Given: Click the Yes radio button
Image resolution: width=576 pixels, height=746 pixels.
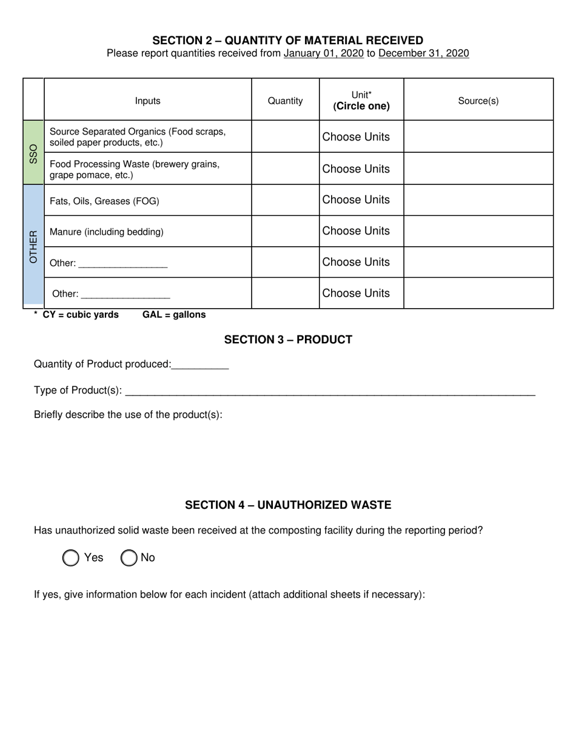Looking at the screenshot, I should (71, 558).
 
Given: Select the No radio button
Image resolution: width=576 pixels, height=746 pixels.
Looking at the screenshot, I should (129, 558).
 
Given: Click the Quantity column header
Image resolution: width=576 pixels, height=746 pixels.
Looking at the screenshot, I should (285, 101).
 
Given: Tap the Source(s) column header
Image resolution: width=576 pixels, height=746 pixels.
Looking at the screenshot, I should (478, 101).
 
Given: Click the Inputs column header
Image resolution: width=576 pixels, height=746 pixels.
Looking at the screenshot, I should (147, 101).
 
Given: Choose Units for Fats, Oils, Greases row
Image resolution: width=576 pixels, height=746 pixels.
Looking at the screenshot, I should (356, 200).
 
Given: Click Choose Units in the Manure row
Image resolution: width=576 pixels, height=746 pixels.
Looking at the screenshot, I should (356, 231).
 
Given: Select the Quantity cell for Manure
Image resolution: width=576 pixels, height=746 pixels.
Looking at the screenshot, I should (285, 231).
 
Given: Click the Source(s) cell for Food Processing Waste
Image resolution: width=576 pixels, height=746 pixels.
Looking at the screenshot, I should (478, 169).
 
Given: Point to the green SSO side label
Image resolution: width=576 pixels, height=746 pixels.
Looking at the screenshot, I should (33, 153).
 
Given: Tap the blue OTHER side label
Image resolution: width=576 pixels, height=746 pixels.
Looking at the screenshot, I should (33, 246).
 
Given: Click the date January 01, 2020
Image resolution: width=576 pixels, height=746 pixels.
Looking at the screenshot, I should (324, 53).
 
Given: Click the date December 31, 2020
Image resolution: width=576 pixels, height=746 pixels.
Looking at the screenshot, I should (423, 53).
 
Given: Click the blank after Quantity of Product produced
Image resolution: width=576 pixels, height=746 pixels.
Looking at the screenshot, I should (200, 365).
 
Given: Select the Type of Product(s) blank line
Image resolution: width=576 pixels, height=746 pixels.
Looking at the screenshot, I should (330, 391).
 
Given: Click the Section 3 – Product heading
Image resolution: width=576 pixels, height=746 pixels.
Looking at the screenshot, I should (288, 340).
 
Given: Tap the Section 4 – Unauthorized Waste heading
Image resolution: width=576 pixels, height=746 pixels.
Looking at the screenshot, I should (288, 505).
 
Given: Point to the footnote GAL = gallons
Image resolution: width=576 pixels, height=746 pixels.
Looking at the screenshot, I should (174, 315).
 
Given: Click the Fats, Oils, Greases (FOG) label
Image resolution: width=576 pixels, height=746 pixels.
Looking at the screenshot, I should (104, 201).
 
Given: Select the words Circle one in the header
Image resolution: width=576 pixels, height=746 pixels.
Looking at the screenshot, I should (361, 107).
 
